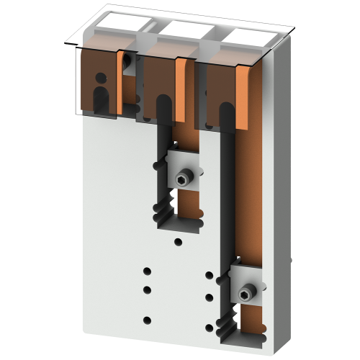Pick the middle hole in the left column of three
[x=148, y=289]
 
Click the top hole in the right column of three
[x=209, y=275]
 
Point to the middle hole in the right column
[x=209, y=297]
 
